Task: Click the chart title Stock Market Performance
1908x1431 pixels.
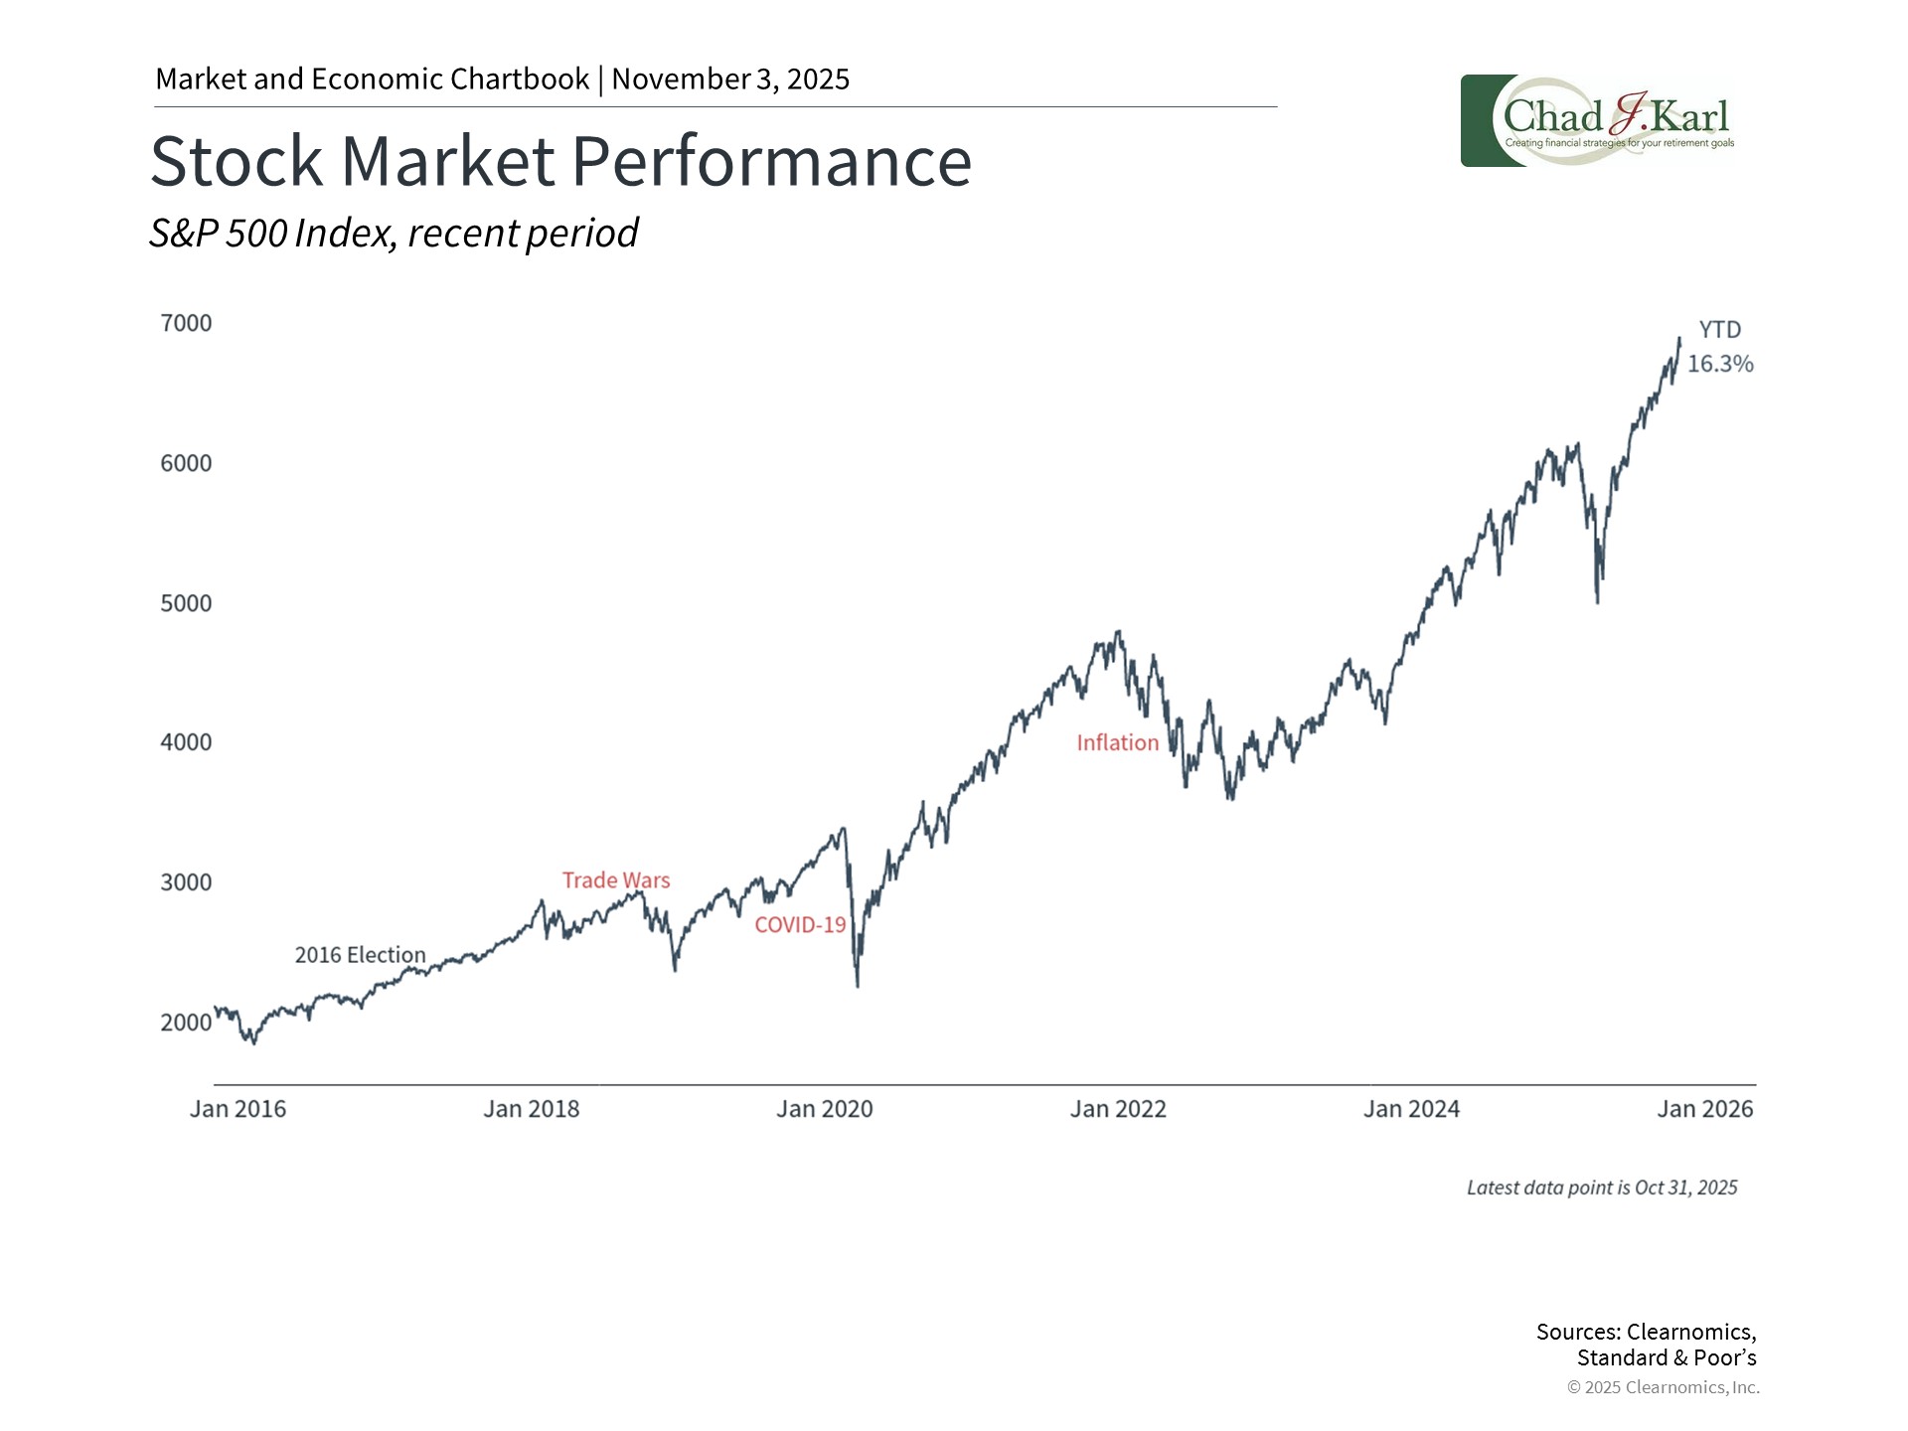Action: [560, 161]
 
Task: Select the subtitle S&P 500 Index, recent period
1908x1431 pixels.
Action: [394, 234]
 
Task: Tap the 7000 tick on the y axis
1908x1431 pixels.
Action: [186, 323]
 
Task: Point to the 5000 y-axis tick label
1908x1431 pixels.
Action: [186, 603]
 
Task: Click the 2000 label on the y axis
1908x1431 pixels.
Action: [186, 1023]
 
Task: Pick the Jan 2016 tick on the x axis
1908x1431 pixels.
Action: [238, 1109]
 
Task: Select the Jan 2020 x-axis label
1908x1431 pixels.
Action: [824, 1109]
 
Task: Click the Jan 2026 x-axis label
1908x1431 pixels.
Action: [1704, 1109]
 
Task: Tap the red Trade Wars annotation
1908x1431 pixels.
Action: [616, 880]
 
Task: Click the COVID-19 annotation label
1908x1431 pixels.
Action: [800, 925]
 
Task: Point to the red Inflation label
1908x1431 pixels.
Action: [1117, 743]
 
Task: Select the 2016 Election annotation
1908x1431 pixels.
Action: [360, 955]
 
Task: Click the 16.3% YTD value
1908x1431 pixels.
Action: [1720, 364]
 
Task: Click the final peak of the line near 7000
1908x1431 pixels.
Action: [1679, 340]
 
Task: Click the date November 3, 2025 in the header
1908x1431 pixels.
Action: [730, 79]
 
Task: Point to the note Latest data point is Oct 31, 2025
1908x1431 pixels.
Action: [1602, 1188]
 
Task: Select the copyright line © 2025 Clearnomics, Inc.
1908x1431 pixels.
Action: [1663, 1387]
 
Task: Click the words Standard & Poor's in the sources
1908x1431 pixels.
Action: [1667, 1358]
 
